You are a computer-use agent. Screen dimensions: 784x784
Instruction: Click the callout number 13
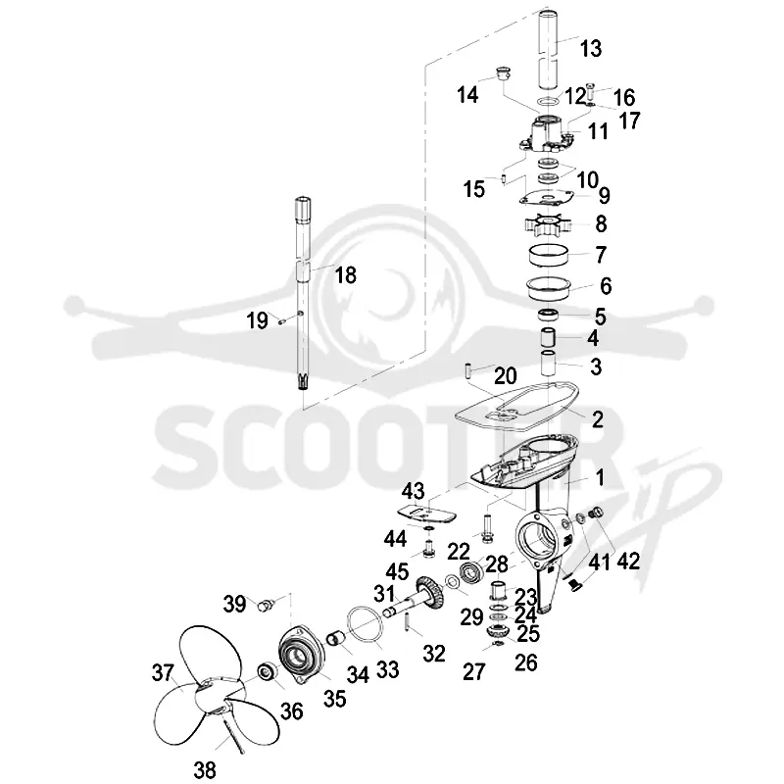tap(591, 48)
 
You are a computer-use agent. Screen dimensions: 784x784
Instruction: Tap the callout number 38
tap(205, 769)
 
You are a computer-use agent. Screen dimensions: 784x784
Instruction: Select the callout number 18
tap(346, 275)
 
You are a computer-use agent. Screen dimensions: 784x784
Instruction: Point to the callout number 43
tap(413, 491)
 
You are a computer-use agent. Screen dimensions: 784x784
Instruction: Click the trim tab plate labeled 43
tap(426, 513)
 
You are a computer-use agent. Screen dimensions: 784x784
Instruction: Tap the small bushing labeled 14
tap(502, 73)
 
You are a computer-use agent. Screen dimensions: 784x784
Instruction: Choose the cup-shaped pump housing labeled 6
tap(549, 288)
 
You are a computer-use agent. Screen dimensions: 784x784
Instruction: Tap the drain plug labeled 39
tap(266, 605)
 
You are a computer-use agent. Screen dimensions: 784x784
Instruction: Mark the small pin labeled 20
tap(469, 371)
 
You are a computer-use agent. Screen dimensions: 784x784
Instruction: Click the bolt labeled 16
tap(592, 91)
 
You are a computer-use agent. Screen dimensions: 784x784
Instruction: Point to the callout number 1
tap(600, 477)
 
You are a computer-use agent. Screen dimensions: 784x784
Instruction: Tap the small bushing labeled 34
tap(334, 638)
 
